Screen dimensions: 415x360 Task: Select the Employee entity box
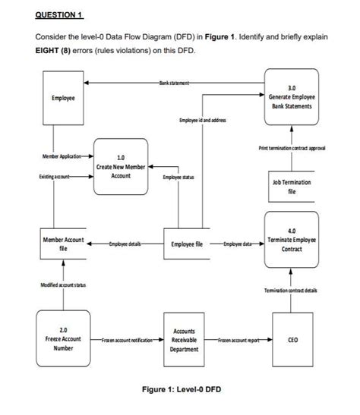coord(63,98)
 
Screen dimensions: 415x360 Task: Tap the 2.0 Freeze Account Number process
coord(63,337)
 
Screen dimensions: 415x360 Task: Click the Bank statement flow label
coord(175,80)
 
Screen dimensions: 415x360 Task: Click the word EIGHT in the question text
coord(49,51)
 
